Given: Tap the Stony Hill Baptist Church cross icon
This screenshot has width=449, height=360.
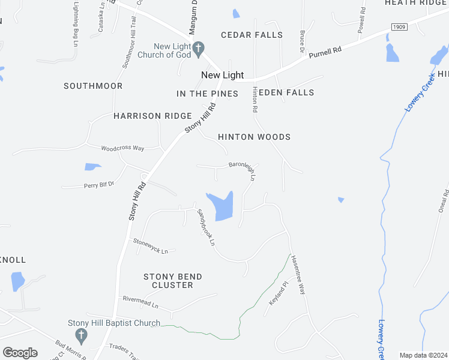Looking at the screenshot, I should (81, 334).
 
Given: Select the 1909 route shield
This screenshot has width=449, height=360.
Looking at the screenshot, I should (399, 27).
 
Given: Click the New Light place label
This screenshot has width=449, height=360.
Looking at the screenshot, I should (222, 75).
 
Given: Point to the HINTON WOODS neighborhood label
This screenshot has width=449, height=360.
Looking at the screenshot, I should (254, 137).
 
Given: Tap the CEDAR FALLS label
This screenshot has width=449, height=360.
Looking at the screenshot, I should (252, 35).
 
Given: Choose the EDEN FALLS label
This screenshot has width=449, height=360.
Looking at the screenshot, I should (286, 92).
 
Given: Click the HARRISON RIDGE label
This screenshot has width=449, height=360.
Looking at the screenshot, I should (152, 116).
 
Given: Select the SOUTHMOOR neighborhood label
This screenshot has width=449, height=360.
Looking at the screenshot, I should (93, 86).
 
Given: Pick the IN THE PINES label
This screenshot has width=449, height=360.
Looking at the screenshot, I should (207, 94).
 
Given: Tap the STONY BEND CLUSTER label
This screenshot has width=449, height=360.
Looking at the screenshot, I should (172, 281).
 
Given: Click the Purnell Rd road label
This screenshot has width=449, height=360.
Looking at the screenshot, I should (325, 53).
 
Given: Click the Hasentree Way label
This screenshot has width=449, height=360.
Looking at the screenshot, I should (298, 274).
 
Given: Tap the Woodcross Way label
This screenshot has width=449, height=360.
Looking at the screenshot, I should (122, 148).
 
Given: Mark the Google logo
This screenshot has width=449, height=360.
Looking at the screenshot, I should (20, 353).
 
